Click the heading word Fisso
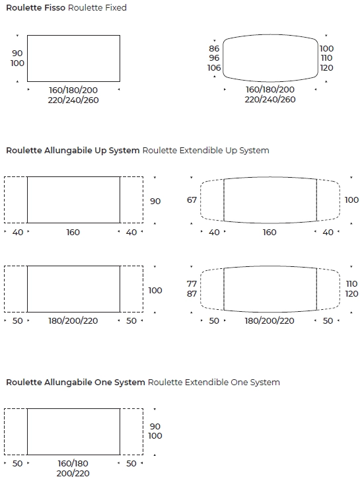pyautogui.click(x=55, y=8)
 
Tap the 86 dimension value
pyautogui.click(x=214, y=49)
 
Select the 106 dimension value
pyautogui.click(x=214, y=68)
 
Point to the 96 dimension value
pyautogui.click(x=214, y=58)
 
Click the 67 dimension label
pyautogui.click(x=192, y=200)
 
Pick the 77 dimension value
pyautogui.click(x=192, y=284)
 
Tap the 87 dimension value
pyautogui.click(x=192, y=293)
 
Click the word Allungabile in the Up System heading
pyautogui.click(x=68, y=150)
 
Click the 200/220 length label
pyautogui.click(x=73, y=473)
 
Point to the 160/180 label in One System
pyautogui.click(x=73, y=463)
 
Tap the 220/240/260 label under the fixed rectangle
pyautogui.click(x=73, y=100)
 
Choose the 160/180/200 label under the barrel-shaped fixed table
pyautogui.click(x=270, y=89)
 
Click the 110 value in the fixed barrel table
pyautogui.click(x=326, y=58)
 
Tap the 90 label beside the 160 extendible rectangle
pyautogui.click(x=155, y=202)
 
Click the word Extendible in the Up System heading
pyautogui.click(x=201, y=150)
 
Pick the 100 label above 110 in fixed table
pyautogui.click(x=326, y=49)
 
